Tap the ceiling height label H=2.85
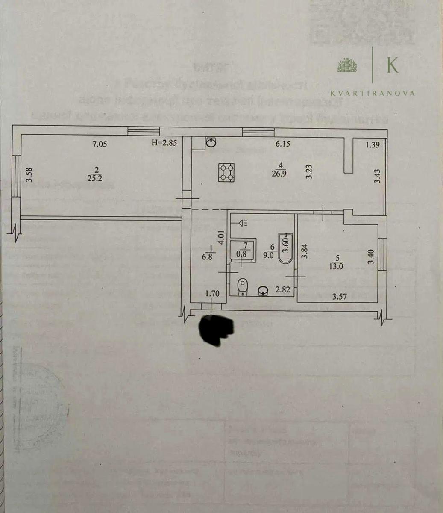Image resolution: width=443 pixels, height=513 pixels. [164, 144]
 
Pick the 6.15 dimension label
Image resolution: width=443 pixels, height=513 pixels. [283, 144]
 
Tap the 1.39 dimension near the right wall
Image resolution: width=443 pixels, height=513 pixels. [373, 145]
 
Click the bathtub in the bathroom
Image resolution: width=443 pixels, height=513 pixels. [285, 249]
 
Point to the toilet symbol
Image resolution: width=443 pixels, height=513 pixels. [242, 286]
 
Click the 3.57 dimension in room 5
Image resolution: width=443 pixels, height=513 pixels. [340, 296]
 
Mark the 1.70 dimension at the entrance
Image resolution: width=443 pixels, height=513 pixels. [212, 293]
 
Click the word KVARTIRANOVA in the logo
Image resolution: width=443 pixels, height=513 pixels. [373, 93]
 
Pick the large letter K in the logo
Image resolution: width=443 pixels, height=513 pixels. [392, 65]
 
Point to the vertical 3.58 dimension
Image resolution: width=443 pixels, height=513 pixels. [29, 175]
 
